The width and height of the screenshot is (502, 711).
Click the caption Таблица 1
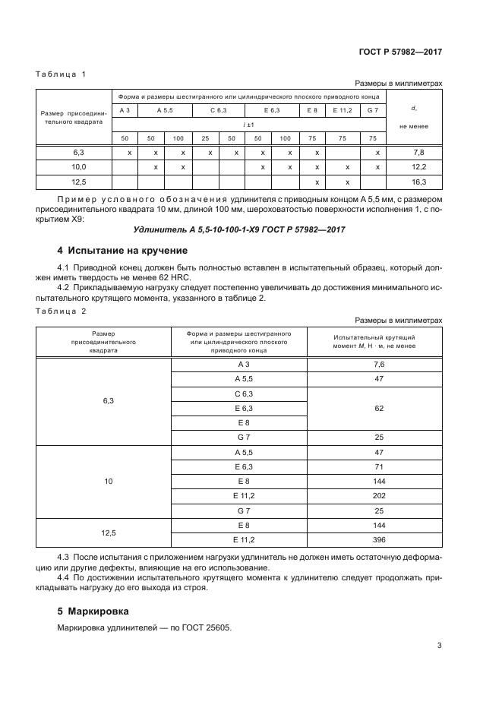click(x=62, y=74)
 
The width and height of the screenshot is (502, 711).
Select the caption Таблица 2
click(x=62, y=311)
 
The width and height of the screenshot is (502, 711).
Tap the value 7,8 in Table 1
click(x=418, y=153)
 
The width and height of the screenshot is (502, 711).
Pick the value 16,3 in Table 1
click(x=418, y=182)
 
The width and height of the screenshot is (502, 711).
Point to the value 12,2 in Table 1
click(x=418, y=167)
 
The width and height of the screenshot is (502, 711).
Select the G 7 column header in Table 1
click(x=372, y=111)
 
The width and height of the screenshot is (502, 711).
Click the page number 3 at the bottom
click(x=439, y=646)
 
